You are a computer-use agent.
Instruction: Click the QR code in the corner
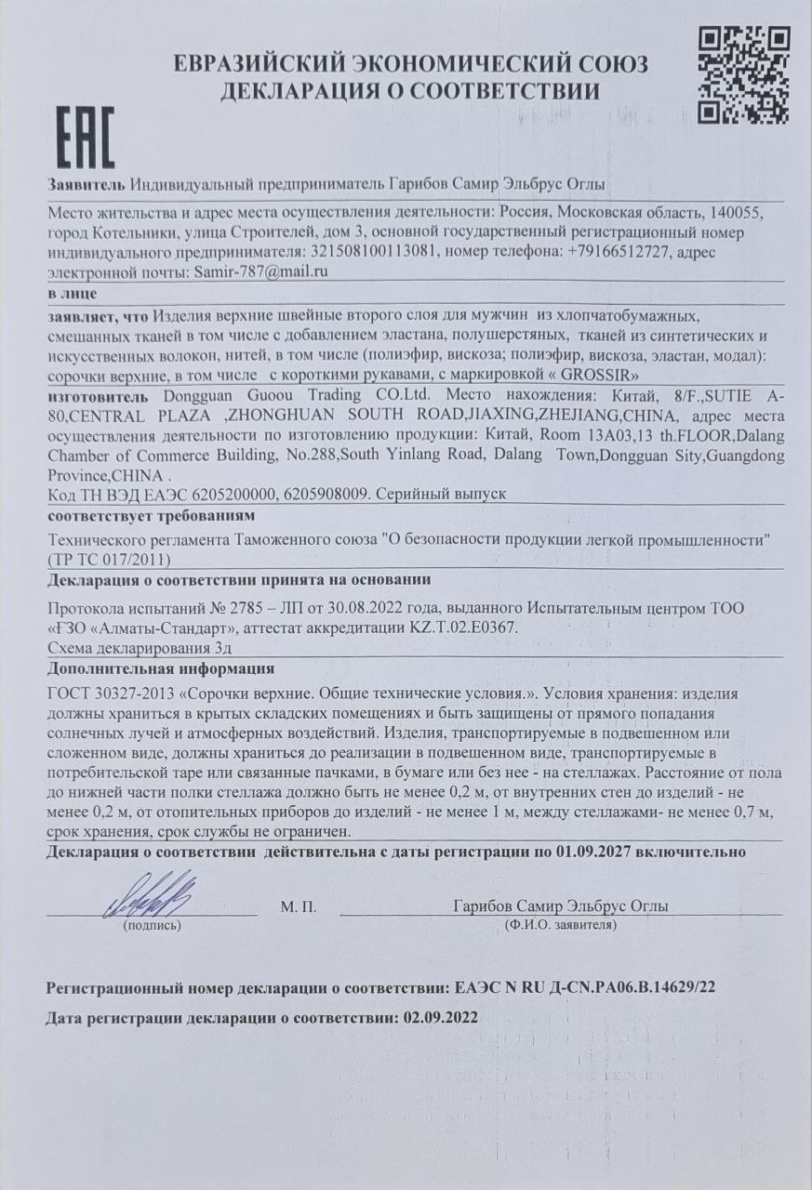pos(743,74)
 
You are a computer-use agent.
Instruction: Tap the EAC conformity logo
pos(87,138)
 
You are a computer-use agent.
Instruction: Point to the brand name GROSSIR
pos(600,377)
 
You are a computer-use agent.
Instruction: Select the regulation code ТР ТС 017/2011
pos(111,559)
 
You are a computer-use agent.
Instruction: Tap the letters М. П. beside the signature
pos(299,906)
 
